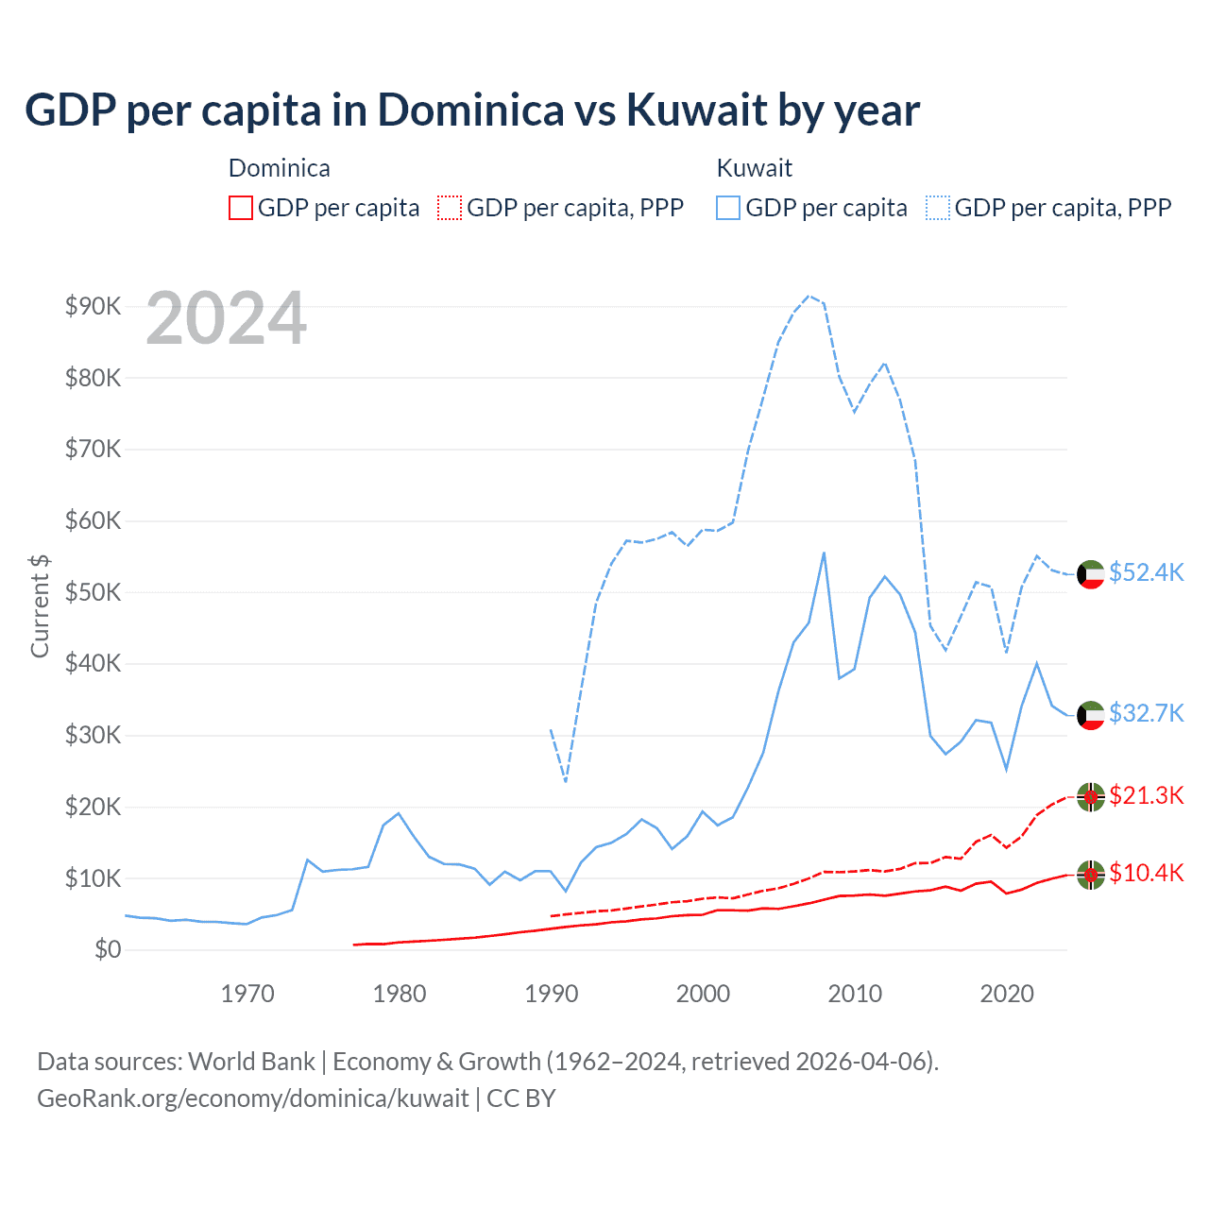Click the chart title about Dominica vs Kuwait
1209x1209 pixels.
[471, 110]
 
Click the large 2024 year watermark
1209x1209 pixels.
[226, 318]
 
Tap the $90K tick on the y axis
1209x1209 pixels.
[93, 306]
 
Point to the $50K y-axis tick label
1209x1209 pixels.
[93, 592]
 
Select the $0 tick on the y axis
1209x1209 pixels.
[107, 949]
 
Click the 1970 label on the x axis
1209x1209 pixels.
[247, 994]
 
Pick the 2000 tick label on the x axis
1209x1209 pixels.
[703, 994]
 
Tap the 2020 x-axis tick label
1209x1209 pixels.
[1007, 994]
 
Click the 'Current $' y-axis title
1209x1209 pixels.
[40, 605]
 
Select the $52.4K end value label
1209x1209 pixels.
[1146, 573]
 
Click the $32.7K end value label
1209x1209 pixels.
[1146, 713]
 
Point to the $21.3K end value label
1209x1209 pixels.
[1146, 796]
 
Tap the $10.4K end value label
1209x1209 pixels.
[1146, 874]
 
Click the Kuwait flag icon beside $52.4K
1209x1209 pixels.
[1091, 574]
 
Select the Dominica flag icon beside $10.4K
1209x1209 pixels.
[1091, 876]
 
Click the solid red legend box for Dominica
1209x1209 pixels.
[241, 208]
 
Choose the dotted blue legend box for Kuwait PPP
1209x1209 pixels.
[937, 208]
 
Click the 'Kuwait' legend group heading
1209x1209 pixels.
[754, 168]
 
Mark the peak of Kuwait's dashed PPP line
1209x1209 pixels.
[809, 296]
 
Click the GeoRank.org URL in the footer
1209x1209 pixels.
[252, 1098]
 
